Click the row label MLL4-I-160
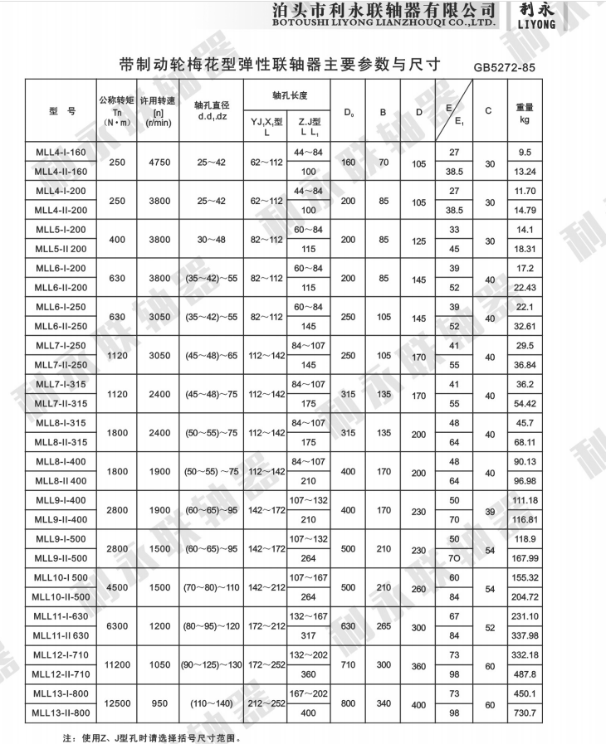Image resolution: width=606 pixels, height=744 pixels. [x=61, y=153]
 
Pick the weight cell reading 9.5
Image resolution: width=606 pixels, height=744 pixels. [x=524, y=153]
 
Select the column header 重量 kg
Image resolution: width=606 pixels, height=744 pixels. [x=524, y=113]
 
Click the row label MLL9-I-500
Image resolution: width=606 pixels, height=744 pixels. [x=61, y=539]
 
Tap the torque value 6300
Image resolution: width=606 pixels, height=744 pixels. [x=116, y=625]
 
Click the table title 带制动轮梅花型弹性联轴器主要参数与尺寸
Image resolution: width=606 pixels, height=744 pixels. [x=279, y=65]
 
